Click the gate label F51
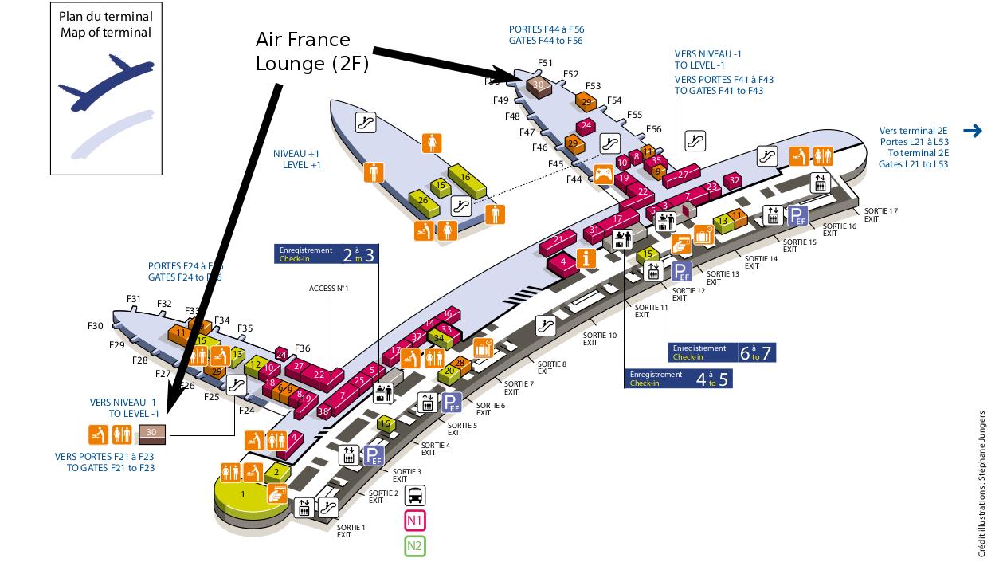(545, 62)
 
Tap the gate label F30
(96, 325)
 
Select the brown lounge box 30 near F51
(539, 85)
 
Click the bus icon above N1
(415, 496)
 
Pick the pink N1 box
(415, 521)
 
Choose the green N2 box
(415, 546)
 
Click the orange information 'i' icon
(586, 258)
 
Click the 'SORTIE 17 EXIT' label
(881, 215)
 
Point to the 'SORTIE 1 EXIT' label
(351, 530)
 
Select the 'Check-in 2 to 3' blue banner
(326, 254)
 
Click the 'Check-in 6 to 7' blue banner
(722, 352)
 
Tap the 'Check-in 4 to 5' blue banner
(678, 378)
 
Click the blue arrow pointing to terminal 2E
(972, 132)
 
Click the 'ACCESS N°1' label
(329, 288)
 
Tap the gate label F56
(653, 129)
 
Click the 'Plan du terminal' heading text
(106, 17)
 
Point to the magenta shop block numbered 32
(735, 180)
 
